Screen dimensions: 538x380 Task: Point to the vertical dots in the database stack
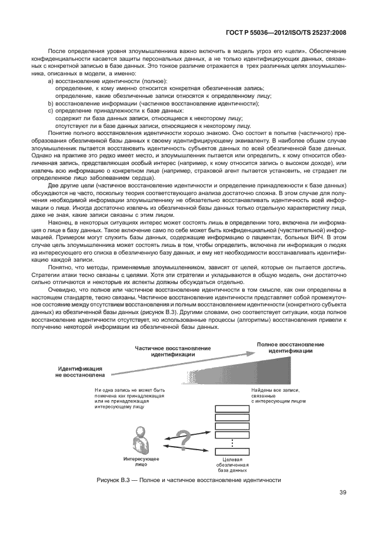coord(233,442)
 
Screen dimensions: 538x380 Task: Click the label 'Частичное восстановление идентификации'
coord(172,352)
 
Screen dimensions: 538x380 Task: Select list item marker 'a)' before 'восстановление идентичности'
coord(51,81)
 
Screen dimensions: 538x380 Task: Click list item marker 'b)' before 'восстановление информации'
coord(51,103)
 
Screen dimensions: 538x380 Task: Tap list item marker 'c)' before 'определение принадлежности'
coord(51,110)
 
